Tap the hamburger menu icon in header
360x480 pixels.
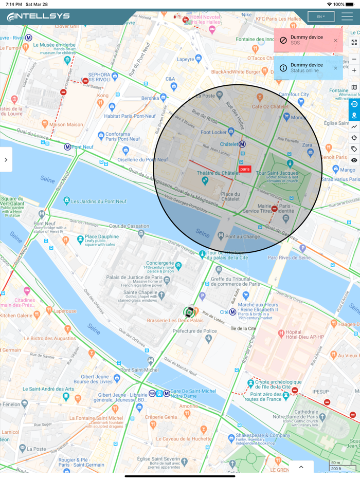[347, 16]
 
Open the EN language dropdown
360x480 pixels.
[321, 16]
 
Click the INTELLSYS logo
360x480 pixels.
[39, 16]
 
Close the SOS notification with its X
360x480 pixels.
[336, 40]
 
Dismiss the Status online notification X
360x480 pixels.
[336, 68]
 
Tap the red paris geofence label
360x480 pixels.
[245, 169]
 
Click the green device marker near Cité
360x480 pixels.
[189, 311]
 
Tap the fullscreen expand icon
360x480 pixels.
[354, 42]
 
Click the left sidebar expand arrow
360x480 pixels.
[6, 159]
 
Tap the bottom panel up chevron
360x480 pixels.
[301, 467]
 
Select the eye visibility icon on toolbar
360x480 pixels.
[354, 160]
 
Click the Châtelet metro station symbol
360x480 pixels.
[242, 144]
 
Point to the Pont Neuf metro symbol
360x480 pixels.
[67, 147]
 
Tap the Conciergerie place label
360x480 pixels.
[163, 263]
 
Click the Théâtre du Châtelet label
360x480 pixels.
[219, 173]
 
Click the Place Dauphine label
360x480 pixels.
[101, 236]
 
